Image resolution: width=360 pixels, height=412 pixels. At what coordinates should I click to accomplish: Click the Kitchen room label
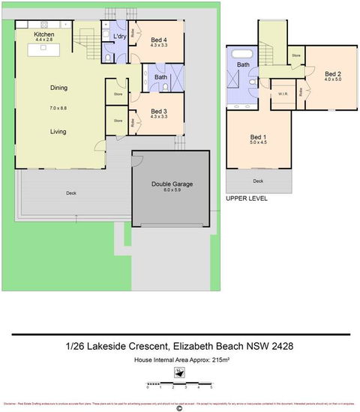click(44, 34)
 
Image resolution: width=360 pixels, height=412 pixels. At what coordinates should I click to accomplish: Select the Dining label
click(58, 88)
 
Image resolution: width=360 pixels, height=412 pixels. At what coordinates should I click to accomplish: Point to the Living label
click(58, 131)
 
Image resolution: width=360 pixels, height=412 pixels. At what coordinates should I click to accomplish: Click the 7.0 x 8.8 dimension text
click(58, 109)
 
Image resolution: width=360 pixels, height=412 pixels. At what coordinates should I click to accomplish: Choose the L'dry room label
click(118, 35)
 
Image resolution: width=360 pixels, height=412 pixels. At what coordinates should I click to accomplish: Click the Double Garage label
click(171, 184)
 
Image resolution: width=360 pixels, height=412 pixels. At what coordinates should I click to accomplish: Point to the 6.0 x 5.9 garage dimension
click(171, 192)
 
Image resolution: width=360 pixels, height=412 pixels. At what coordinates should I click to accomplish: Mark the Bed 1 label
click(257, 138)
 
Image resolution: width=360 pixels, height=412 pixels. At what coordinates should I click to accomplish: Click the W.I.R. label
click(283, 94)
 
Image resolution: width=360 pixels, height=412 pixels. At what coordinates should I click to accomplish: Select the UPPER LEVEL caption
click(246, 199)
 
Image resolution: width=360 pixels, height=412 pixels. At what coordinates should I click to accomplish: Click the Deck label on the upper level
click(257, 181)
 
